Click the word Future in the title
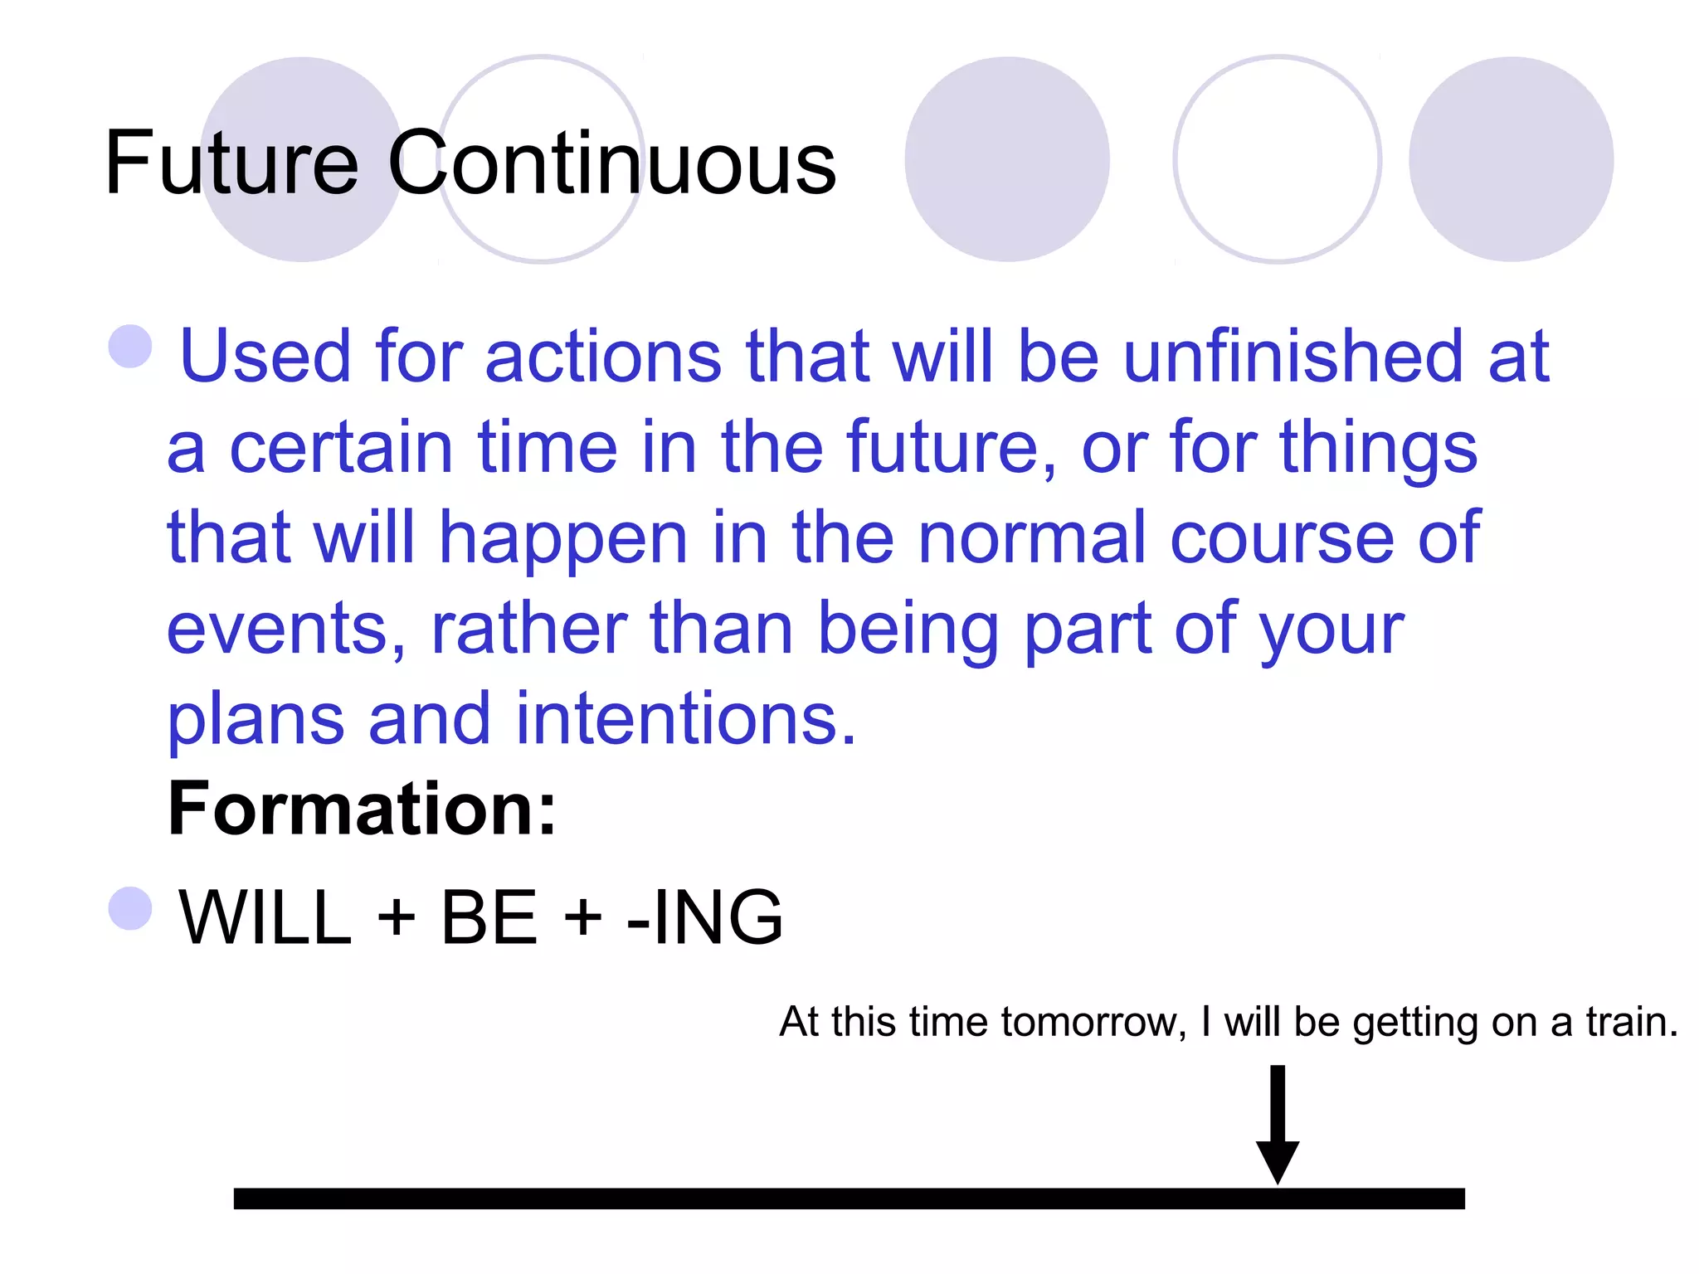click(x=231, y=163)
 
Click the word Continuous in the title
click(x=612, y=163)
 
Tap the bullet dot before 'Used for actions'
click(x=131, y=346)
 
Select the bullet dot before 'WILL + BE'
click(x=131, y=908)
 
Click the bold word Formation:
click(x=362, y=809)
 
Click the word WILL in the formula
click(x=265, y=917)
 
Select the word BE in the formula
click(x=489, y=917)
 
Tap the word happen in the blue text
click(x=563, y=539)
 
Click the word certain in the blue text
click(x=341, y=448)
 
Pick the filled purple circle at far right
click(x=1511, y=159)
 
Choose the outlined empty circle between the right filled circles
click(x=1278, y=159)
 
